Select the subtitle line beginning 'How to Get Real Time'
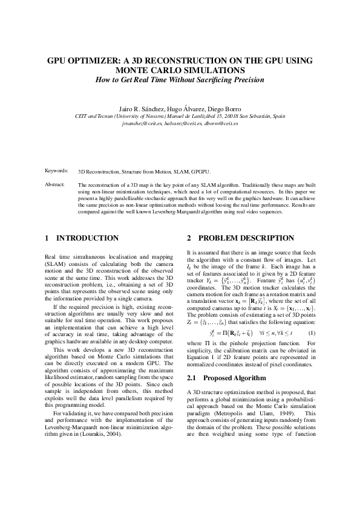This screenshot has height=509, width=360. click(180, 80)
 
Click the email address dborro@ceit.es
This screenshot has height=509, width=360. click(221, 123)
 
